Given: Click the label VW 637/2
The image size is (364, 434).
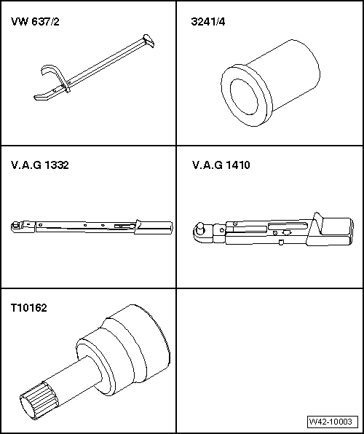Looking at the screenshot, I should point(34,22).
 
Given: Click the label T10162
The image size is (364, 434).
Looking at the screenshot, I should point(28,308).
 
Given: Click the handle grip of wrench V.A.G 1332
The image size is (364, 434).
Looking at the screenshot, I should point(154,227).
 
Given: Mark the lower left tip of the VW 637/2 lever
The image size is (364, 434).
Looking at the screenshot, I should point(33,98).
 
